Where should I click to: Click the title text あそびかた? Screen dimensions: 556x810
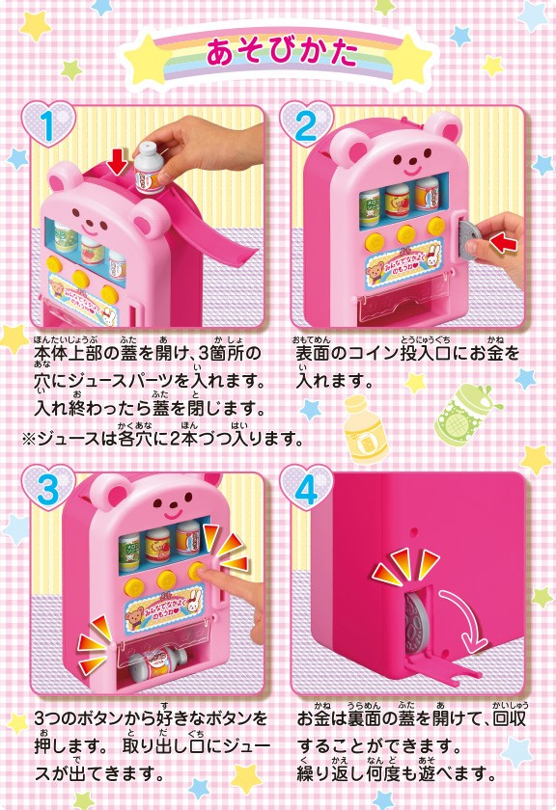(x=282, y=52)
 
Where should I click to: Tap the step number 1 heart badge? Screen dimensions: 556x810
(x=48, y=125)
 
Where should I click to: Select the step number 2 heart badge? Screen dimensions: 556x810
(x=307, y=125)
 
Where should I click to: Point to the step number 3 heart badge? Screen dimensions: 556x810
(x=48, y=489)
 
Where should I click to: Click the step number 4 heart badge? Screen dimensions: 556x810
(x=307, y=489)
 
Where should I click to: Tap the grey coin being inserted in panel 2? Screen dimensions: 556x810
(x=470, y=239)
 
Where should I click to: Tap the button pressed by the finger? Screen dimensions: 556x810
(x=198, y=571)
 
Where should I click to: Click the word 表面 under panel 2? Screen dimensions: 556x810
(x=313, y=355)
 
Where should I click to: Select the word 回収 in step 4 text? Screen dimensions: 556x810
(x=511, y=719)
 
